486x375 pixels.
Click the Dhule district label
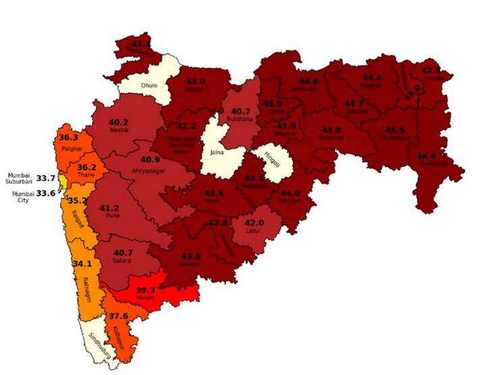pos(148,86)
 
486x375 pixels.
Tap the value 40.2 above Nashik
pos(118,122)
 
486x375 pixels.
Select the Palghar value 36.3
pos(69,138)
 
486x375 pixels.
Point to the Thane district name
pos(86,176)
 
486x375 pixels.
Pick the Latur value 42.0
pos(254,223)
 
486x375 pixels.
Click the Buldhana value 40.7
pos(240,111)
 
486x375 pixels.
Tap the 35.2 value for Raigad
pos(80,201)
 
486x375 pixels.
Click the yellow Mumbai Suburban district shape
pos(62,181)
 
